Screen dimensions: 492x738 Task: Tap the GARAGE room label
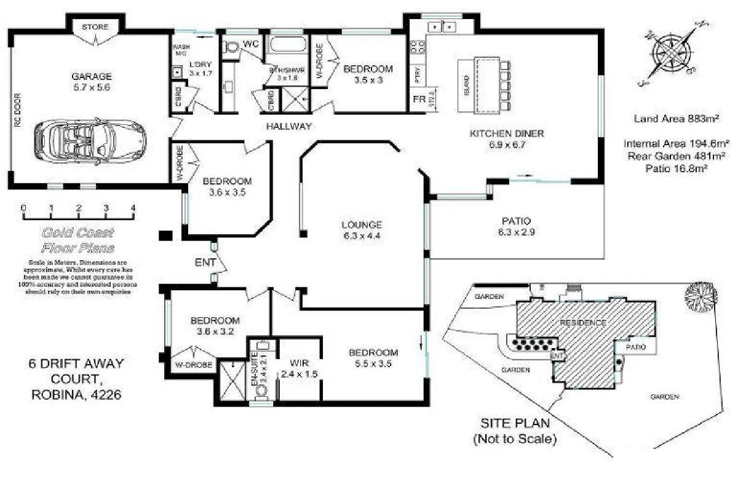(x=92, y=77)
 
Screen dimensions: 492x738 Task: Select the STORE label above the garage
(x=95, y=27)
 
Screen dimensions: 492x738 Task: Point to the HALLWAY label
(x=288, y=126)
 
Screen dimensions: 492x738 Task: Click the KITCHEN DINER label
(x=507, y=133)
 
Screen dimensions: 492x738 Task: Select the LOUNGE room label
(x=362, y=224)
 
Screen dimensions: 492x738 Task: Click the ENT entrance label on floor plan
(x=205, y=263)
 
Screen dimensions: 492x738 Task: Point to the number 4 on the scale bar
(x=133, y=208)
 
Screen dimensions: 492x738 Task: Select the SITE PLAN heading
(x=514, y=425)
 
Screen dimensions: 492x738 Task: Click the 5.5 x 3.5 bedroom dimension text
(x=373, y=363)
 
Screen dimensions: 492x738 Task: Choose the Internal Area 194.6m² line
(x=676, y=144)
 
